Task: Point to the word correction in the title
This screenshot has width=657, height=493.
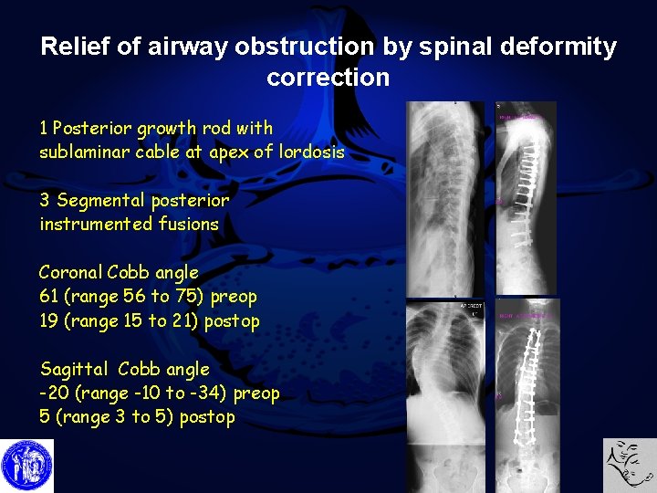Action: click(328, 77)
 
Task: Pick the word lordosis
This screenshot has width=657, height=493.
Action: click(312, 152)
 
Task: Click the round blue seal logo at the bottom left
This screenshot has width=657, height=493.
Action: click(27, 466)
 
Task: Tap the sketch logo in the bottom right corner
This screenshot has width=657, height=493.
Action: click(630, 466)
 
